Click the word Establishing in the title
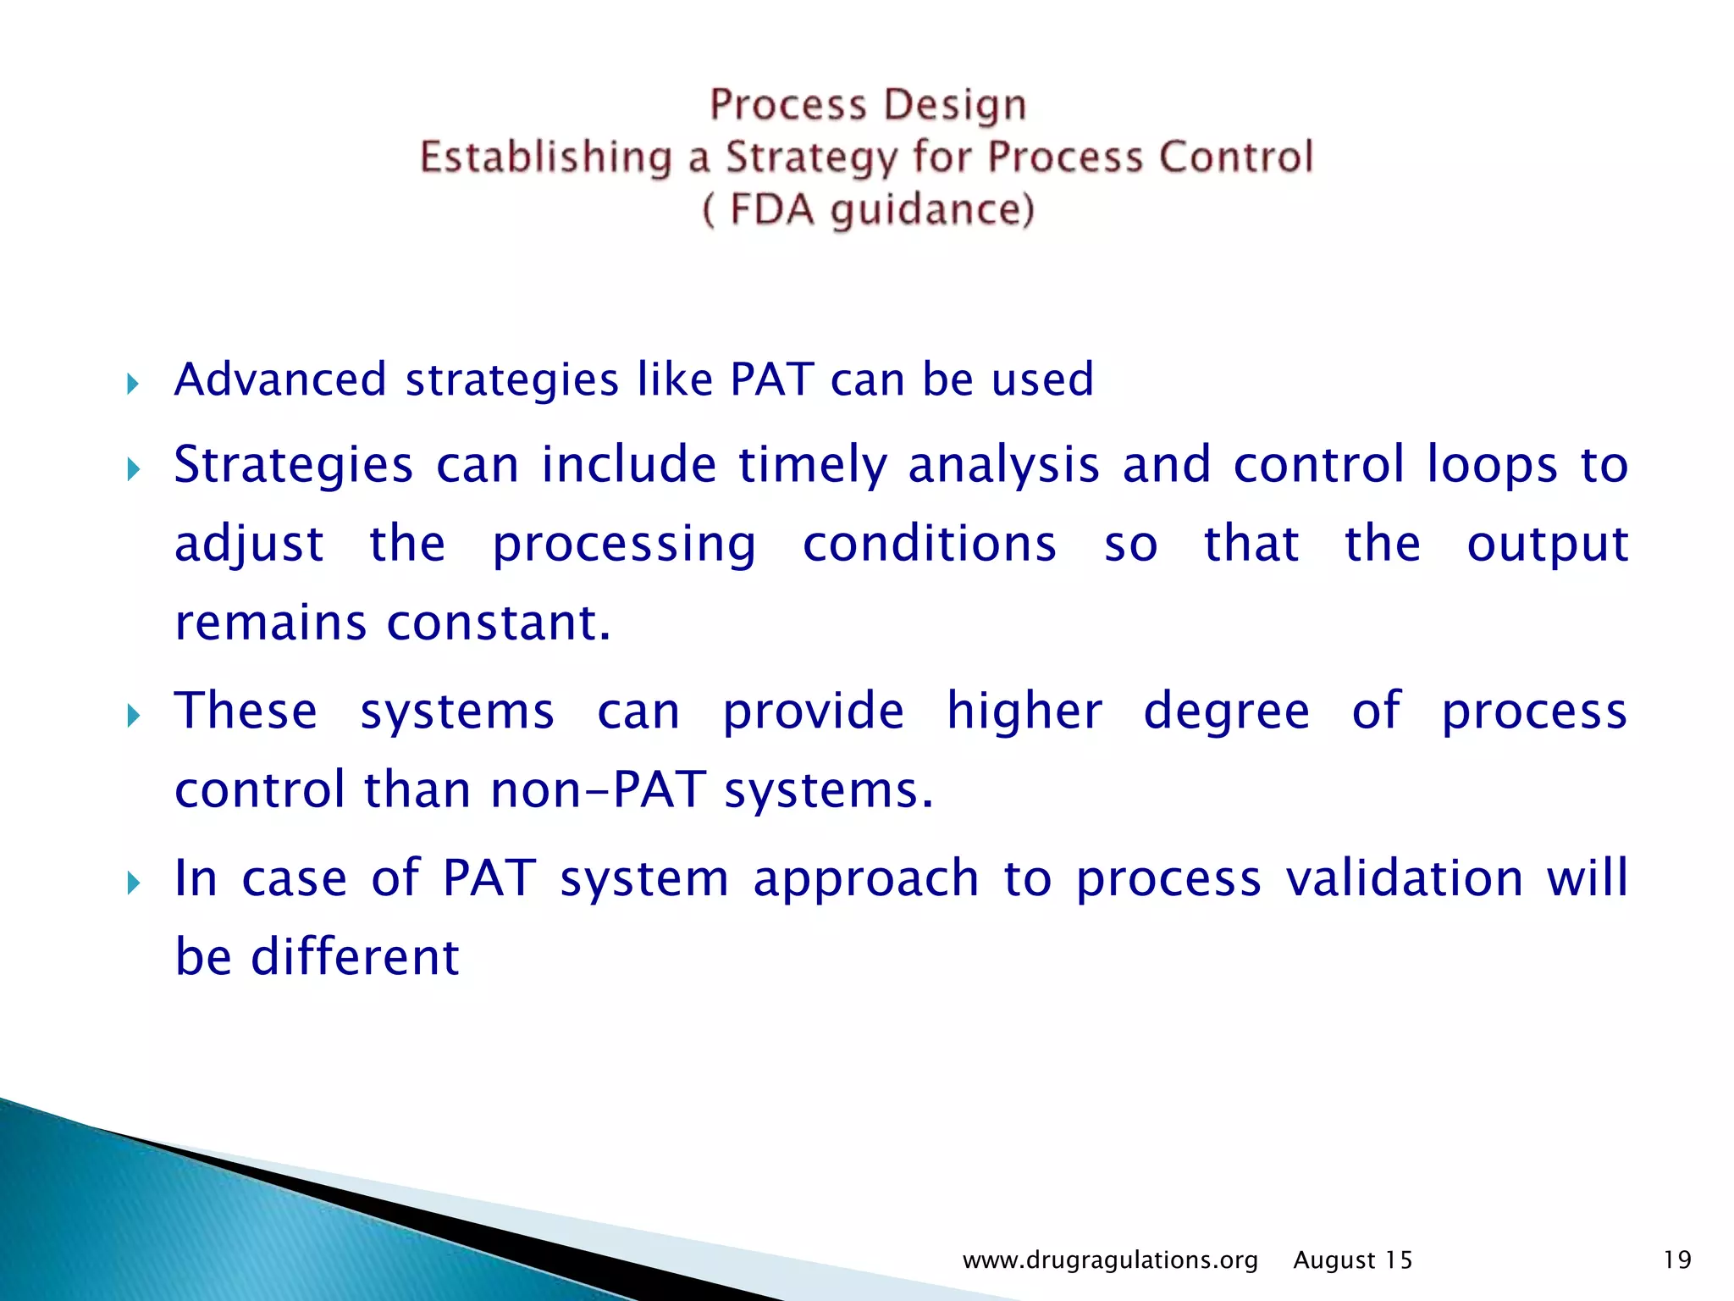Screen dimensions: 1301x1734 (x=545, y=158)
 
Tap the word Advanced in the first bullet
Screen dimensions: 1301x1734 (x=280, y=379)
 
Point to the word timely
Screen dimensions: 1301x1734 (x=812, y=466)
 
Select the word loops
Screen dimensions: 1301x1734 (x=1492, y=466)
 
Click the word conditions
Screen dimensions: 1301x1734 (x=929, y=544)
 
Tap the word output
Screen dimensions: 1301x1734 (x=1547, y=544)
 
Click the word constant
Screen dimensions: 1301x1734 (x=498, y=623)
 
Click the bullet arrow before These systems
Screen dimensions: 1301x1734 (x=132, y=717)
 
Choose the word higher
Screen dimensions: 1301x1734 (x=1024, y=711)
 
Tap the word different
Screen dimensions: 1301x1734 (x=355, y=957)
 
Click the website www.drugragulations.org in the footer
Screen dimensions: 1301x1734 (x=1110, y=1260)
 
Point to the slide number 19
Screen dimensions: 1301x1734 (x=1676, y=1260)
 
